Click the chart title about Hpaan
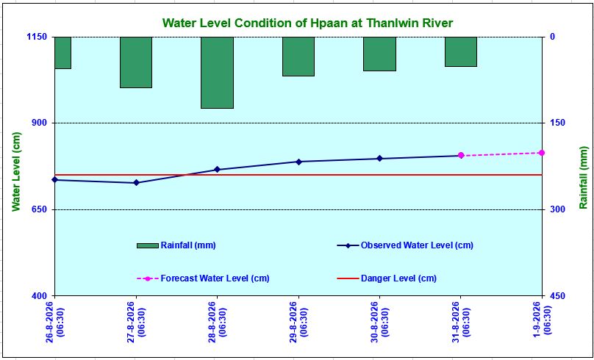(x=307, y=23)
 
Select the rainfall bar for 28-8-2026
(x=217, y=73)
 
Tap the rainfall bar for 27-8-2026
(x=136, y=62)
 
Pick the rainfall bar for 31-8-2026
(x=461, y=52)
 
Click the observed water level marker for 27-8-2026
(x=137, y=183)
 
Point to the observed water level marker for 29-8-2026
(x=298, y=162)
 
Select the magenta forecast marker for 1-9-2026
(x=542, y=153)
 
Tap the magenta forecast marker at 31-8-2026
(x=461, y=155)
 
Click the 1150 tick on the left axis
(x=36, y=37)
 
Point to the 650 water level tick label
(x=39, y=209)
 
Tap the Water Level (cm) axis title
(x=15, y=172)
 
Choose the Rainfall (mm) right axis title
(x=583, y=177)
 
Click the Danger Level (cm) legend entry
(x=387, y=278)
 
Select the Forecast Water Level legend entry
(x=203, y=278)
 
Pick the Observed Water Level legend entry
(x=405, y=245)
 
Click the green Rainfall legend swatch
(x=147, y=245)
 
